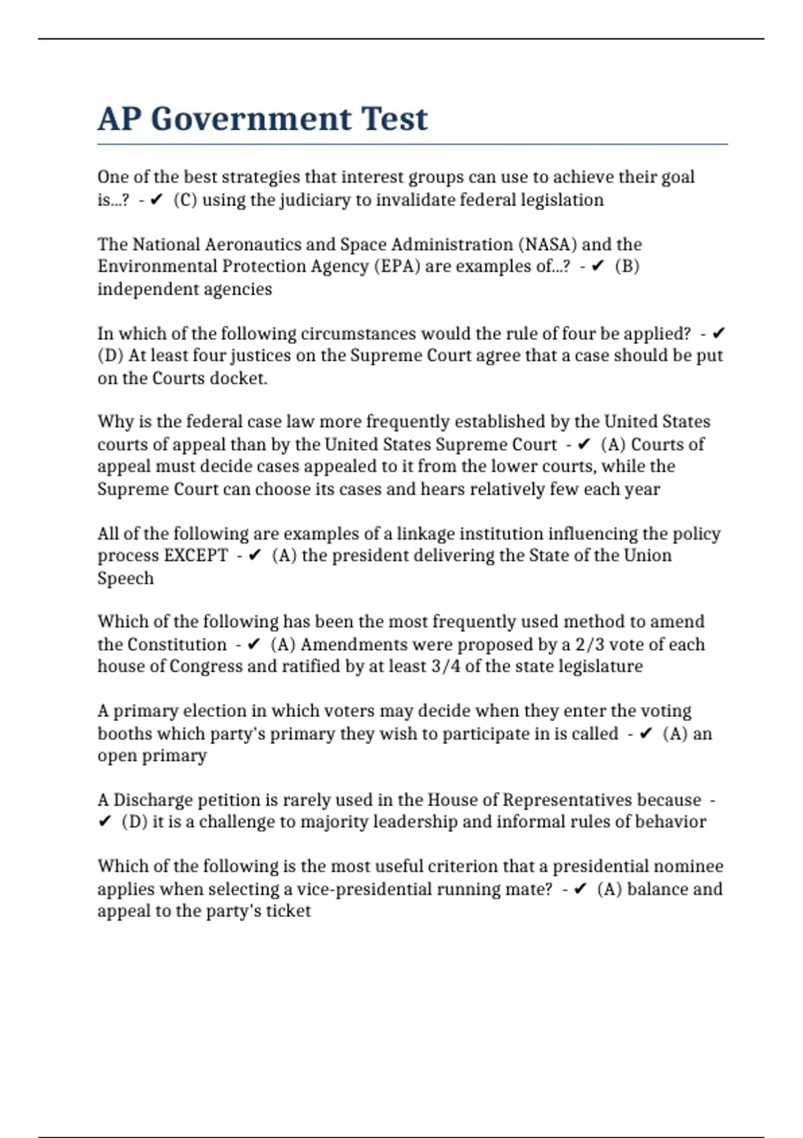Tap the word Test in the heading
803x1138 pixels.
[394, 119]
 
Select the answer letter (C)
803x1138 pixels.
[185, 200]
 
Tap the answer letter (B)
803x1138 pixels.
[627, 266]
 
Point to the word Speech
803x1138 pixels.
[125, 578]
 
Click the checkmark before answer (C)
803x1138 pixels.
[157, 200]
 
